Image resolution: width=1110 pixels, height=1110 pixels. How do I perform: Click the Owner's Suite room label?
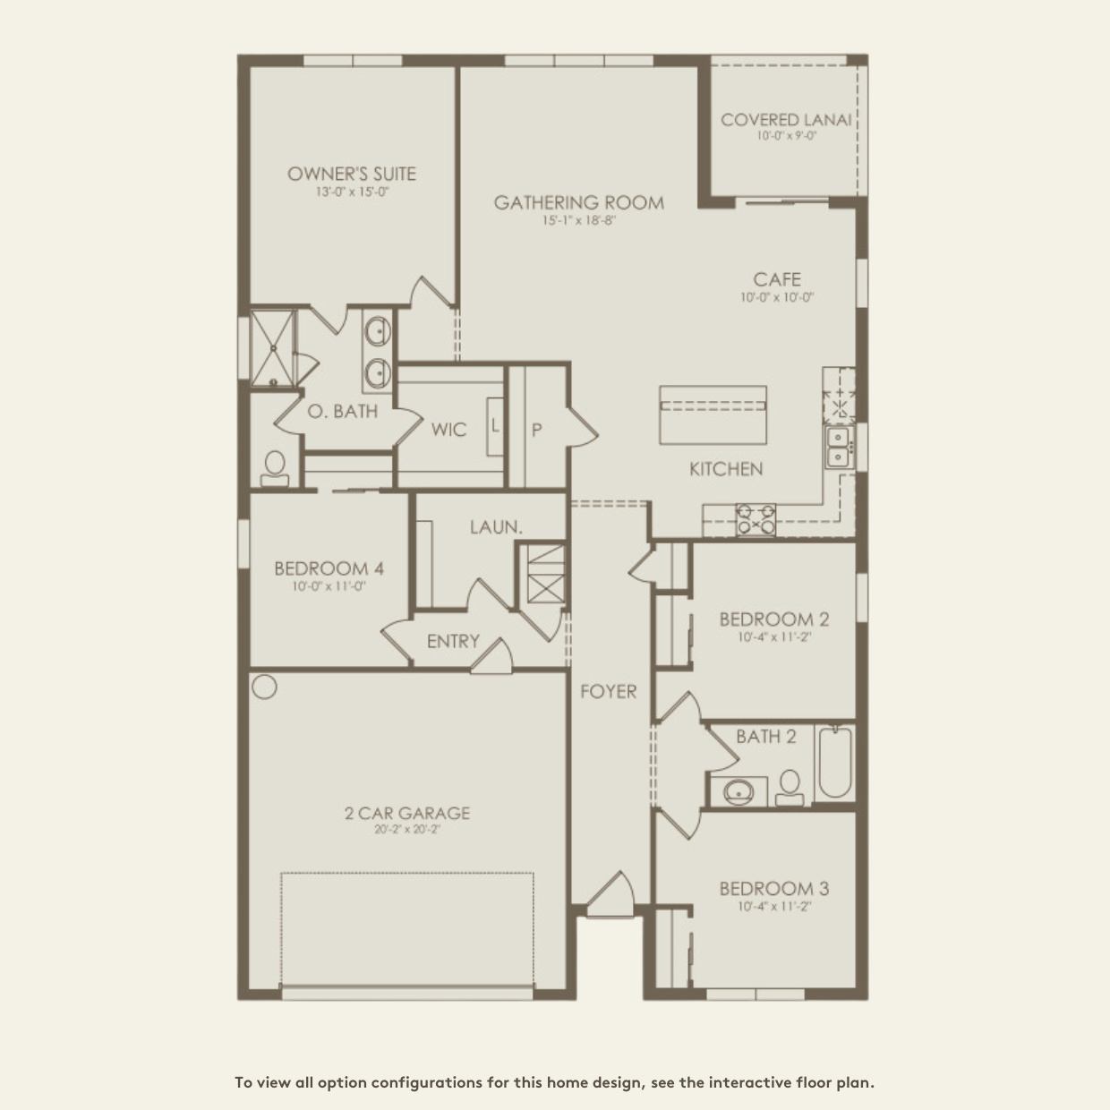coord(352,174)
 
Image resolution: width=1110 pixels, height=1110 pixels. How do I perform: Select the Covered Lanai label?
coord(786,120)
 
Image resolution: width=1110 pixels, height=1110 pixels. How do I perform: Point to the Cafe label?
coord(776,280)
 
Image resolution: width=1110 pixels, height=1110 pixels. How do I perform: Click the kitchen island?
coord(713,414)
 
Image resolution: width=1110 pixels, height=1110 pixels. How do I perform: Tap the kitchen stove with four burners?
coord(756,519)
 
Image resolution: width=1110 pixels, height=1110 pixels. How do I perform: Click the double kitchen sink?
coord(838,447)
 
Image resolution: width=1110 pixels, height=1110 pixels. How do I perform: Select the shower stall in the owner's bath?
coord(271,348)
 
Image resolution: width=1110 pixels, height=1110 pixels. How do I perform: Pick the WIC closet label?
coord(448,430)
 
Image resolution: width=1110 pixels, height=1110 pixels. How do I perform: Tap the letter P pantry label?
coord(536,430)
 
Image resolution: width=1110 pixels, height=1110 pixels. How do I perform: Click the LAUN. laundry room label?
coord(496,527)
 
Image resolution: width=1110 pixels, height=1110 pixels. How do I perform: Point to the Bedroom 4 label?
coord(329,568)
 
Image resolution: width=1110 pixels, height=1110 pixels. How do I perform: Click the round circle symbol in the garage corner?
coord(264,687)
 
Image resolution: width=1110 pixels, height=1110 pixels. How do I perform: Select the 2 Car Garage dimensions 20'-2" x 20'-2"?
coord(407,830)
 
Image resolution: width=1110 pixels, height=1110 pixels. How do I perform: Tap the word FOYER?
coord(608,691)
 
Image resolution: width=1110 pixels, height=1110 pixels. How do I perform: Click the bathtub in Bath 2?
coord(835,763)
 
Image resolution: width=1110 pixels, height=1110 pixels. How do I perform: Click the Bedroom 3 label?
coord(774,889)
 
